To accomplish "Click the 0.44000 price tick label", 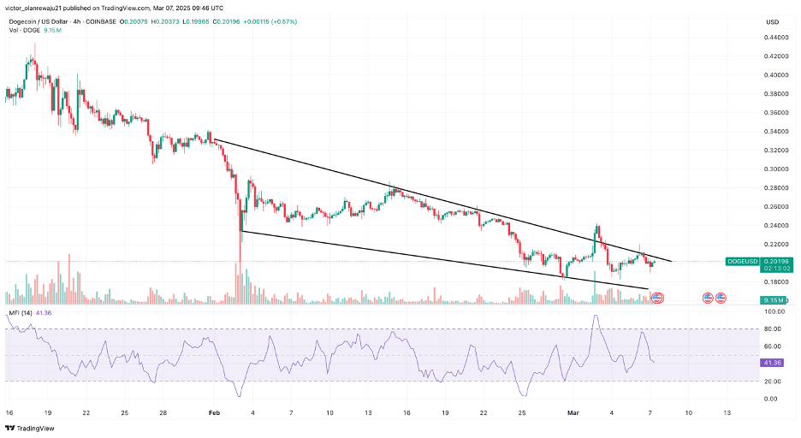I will tap(775, 38).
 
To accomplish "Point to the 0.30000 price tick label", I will tap(775, 169).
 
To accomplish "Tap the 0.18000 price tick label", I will tap(775, 281).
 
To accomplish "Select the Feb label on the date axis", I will tap(215, 411).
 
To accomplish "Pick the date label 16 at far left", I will tap(9, 411).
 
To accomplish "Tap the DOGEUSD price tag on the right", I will tap(740, 260).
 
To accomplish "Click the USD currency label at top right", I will tap(773, 21).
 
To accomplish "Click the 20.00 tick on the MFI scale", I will tap(774, 381).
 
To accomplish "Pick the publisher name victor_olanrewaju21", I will tap(38, 7).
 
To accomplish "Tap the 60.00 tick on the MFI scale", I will tap(774, 346).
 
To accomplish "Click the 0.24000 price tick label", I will tap(775, 225).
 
